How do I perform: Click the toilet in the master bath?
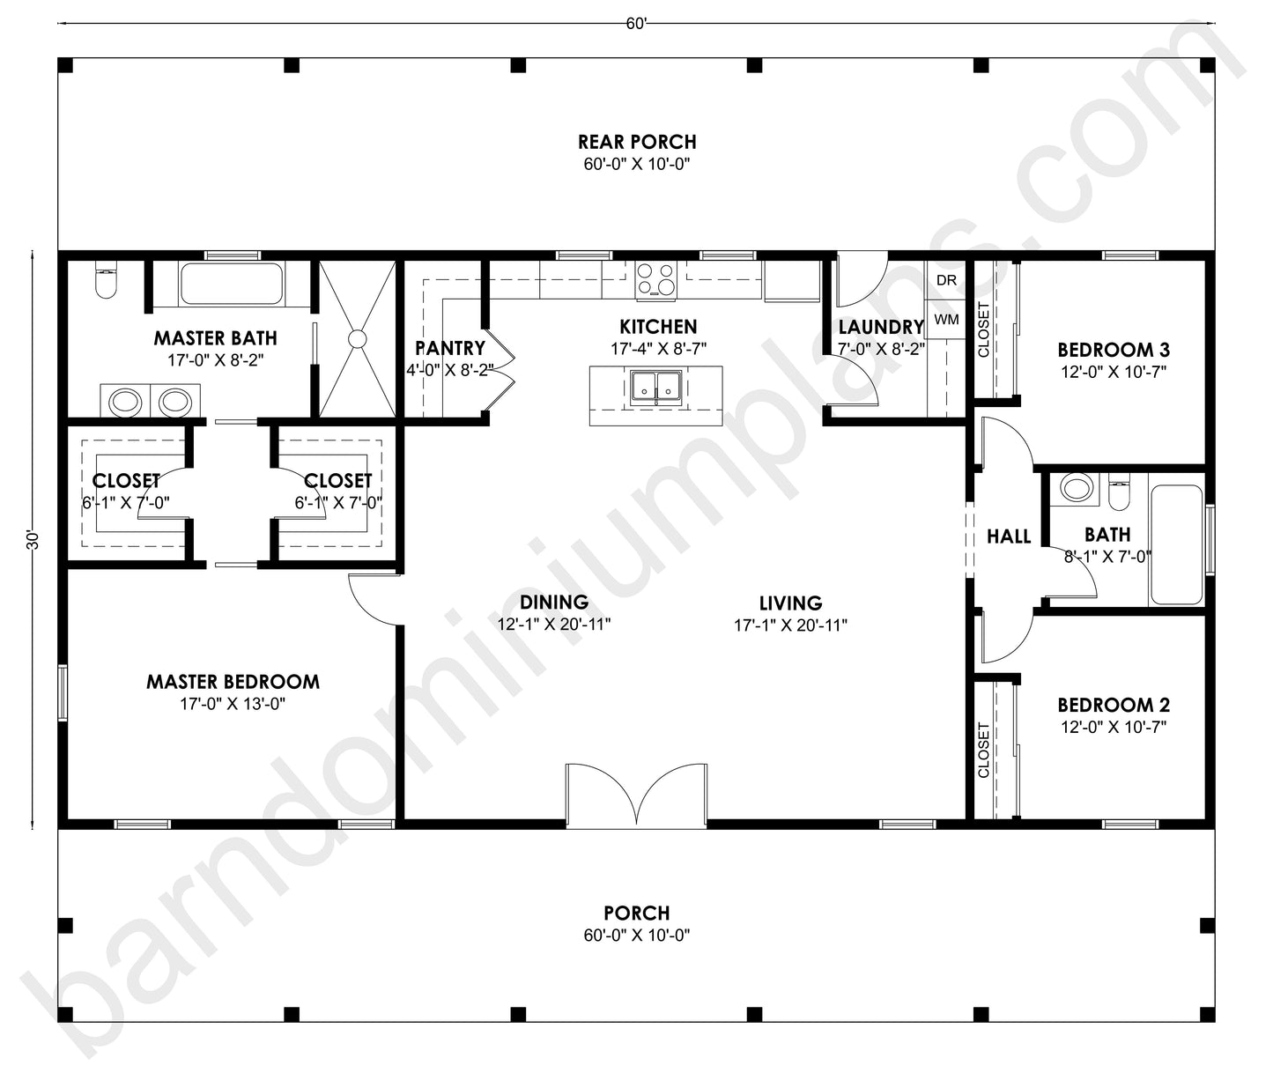point(105,283)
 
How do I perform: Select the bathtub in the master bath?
point(232,284)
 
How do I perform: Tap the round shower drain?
point(357,338)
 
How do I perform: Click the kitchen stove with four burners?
point(655,278)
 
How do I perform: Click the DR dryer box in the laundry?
point(946,281)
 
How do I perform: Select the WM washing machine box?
point(946,319)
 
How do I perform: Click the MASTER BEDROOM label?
point(233,681)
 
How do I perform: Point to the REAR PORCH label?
point(637,142)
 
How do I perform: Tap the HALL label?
point(1009,536)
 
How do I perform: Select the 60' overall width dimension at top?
point(636,24)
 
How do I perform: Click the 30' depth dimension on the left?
point(33,540)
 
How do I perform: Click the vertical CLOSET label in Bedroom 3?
point(984,330)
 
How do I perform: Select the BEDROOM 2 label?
point(1114,705)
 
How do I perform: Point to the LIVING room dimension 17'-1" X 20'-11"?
point(790,625)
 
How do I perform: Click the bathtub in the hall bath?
point(1176,544)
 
